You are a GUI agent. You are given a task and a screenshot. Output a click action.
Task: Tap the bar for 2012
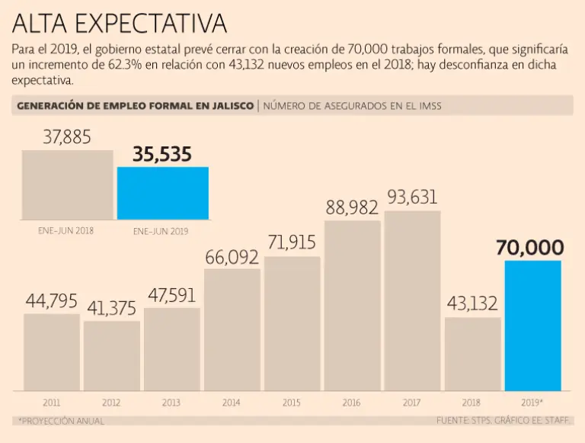112,355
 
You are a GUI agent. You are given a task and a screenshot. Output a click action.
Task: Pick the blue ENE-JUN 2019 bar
162,193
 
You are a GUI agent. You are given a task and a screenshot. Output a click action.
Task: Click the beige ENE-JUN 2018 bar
67,185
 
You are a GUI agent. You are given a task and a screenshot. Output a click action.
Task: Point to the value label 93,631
412,197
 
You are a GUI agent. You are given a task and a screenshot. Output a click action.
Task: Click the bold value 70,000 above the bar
530,248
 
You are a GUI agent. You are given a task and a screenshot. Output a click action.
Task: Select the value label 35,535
162,155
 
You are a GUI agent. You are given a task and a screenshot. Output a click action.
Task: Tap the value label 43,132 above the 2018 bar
472,303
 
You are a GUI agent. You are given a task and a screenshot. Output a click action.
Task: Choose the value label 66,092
232,257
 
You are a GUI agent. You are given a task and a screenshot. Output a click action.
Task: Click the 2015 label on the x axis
291,402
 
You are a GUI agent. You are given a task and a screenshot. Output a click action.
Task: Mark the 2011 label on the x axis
51,402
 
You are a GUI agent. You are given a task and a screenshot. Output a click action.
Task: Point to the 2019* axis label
532,402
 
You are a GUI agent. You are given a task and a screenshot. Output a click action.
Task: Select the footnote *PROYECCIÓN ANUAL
60,421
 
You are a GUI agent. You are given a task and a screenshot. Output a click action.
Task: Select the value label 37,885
67,137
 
